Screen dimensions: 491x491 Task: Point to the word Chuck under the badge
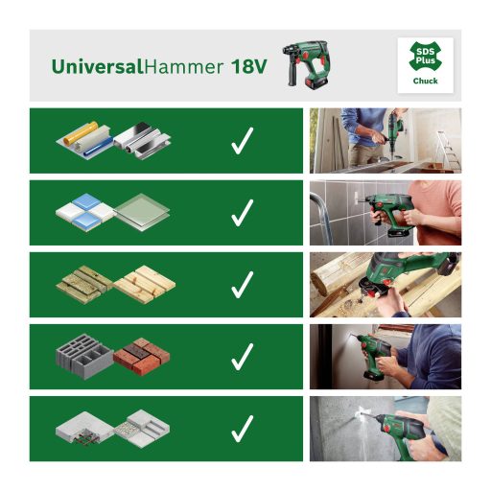click(425, 82)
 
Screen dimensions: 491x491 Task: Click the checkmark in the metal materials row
click(242, 142)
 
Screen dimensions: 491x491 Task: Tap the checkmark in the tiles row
click(242, 213)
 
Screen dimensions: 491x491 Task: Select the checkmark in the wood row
click(242, 285)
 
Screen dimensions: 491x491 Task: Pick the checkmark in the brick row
click(242, 357)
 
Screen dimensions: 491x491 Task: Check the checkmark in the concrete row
click(242, 428)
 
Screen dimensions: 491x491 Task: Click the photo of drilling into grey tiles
click(385, 213)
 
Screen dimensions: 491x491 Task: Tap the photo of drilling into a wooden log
click(385, 285)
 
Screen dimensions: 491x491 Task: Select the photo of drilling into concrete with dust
click(385, 429)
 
